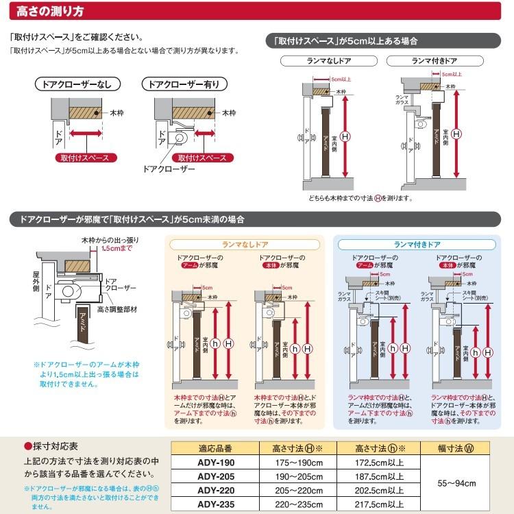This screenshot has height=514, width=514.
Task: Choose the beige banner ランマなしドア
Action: coord(245,244)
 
